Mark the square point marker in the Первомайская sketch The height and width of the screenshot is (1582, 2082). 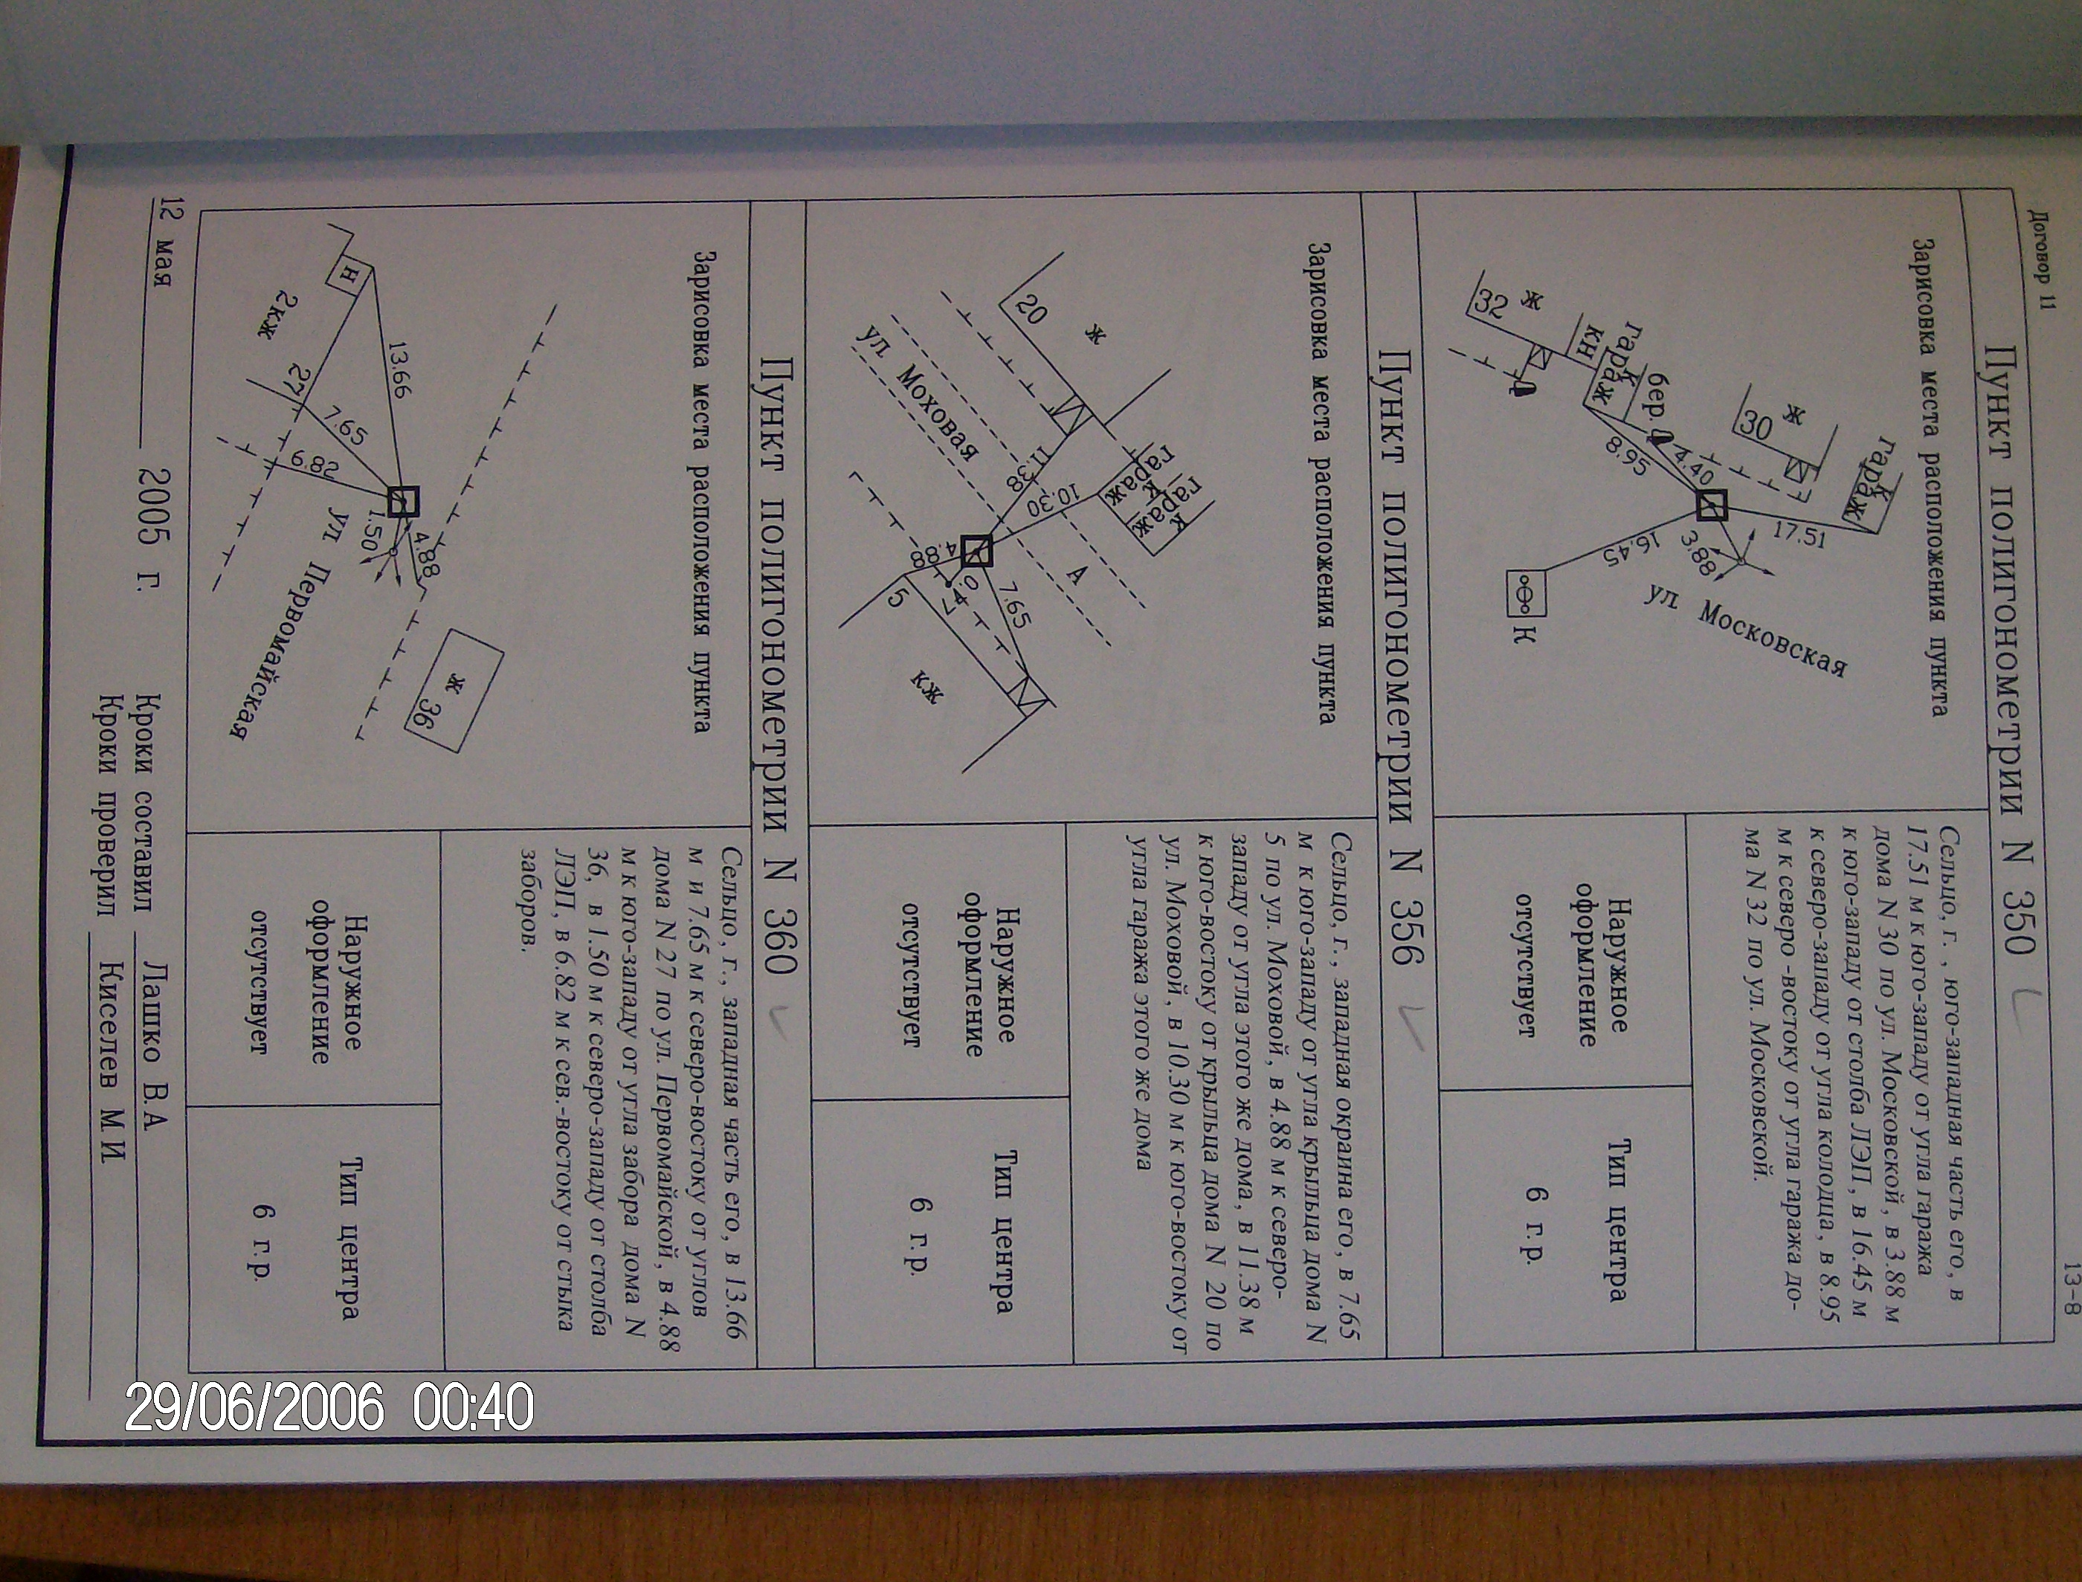(403, 502)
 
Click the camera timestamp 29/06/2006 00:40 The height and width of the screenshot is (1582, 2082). (329, 1407)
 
